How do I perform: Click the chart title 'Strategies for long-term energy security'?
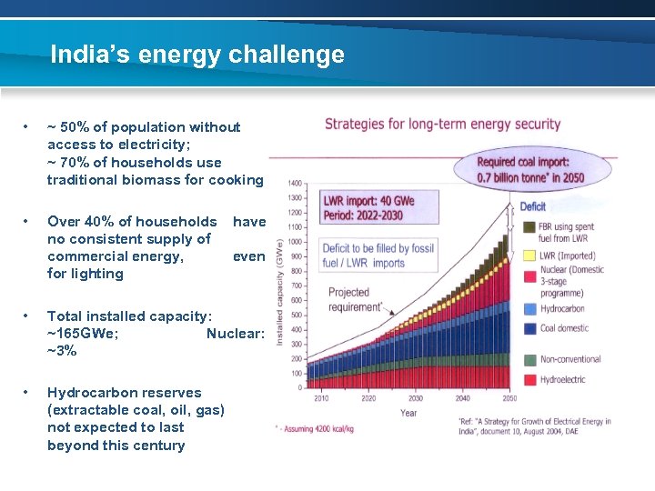click(x=443, y=124)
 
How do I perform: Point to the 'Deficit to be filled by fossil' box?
click(x=365, y=256)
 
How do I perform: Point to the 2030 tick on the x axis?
click(x=415, y=398)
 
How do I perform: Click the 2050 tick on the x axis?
click(x=509, y=398)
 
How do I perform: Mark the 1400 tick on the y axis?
click(x=296, y=184)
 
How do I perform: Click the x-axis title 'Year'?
click(x=408, y=413)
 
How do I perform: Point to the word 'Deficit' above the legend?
click(x=532, y=206)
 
